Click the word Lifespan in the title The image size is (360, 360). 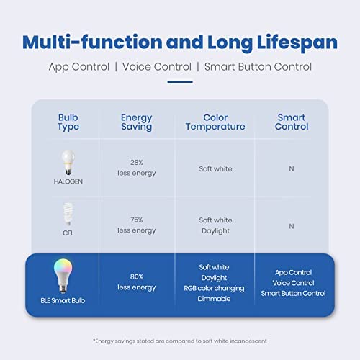(297, 42)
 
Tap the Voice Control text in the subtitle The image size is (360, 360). (157, 67)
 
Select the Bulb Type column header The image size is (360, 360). (68, 122)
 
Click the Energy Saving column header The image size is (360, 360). (137, 122)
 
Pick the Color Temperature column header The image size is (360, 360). (215, 122)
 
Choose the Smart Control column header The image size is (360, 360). (292, 122)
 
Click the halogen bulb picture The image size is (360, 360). (68, 163)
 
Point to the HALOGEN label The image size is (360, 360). (68, 181)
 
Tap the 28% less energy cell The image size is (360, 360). (137, 168)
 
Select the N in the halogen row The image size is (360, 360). (292, 168)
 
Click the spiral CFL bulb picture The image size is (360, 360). (68, 214)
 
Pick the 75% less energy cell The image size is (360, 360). (137, 225)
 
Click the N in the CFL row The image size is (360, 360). (292, 226)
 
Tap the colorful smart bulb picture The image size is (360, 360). (63, 276)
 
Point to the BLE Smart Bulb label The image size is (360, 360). (63, 300)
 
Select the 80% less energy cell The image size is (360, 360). (137, 282)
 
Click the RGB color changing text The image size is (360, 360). (214, 288)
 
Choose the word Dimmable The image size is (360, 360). (214, 299)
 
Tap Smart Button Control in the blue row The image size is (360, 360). (293, 293)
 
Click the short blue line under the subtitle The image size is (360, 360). (180, 82)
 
